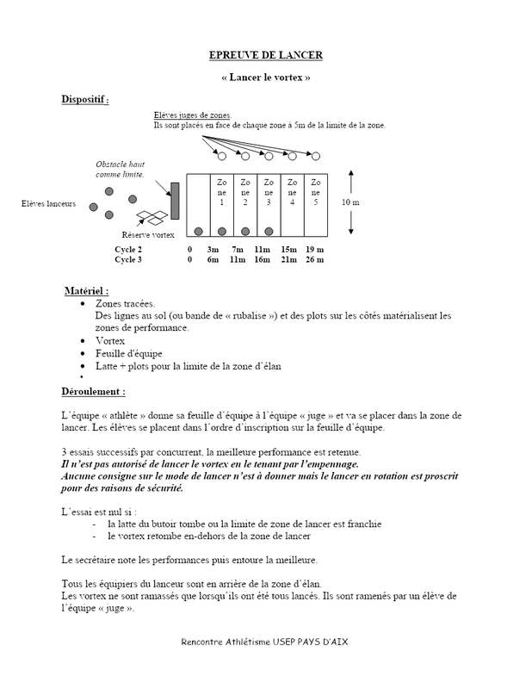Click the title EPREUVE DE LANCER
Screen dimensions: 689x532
pos(265,56)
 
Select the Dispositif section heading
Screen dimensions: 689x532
pos(84,100)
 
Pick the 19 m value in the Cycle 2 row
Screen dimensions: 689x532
pos(315,248)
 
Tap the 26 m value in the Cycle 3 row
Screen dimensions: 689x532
pos(315,258)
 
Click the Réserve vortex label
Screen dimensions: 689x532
pos(147,233)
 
